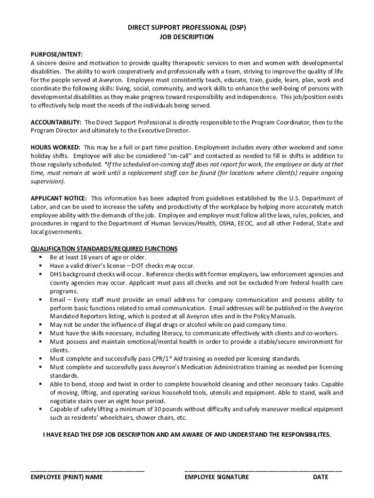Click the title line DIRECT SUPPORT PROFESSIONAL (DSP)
187,28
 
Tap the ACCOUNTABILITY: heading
56,122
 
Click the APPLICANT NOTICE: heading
59,198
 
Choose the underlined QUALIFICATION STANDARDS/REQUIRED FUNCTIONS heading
104,249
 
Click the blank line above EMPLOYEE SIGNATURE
263,469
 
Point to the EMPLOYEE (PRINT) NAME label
67,477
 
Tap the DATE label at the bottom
321,477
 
